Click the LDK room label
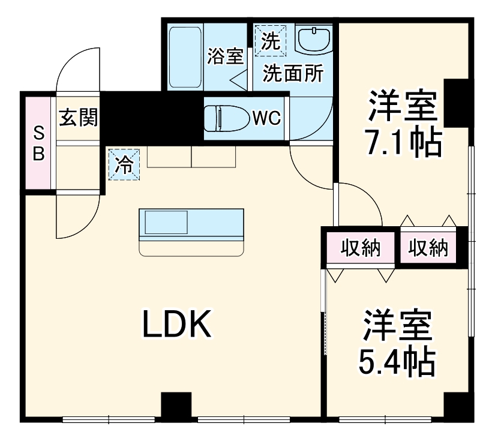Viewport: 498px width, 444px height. (x=177, y=324)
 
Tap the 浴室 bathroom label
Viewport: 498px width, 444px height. (x=226, y=56)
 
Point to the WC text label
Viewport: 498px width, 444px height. (x=266, y=118)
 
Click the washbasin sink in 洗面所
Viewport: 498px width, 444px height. (x=314, y=40)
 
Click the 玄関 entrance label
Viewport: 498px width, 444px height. (x=78, y=117)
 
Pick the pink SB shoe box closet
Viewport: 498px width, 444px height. (x=38, y=142)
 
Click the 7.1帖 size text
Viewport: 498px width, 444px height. (x=404, y=143)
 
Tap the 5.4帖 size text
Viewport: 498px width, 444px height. (x=397, y=359)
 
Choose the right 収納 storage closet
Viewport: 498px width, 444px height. (x=429, y=248)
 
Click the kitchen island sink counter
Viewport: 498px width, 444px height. (x=191, y=231)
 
